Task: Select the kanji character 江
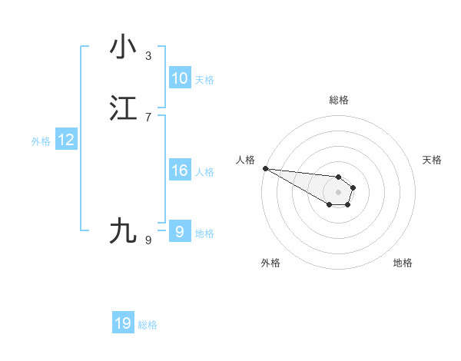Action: pos(124,108)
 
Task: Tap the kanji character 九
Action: pos(124,231)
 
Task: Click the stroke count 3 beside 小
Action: pos(148,56)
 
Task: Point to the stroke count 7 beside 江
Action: pos(148,118)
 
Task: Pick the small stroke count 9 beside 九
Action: pos(148,240)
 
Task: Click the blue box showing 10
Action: pos(180,78)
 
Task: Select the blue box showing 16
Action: pos(180,171)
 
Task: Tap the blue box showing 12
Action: pos(66,140)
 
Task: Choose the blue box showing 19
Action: pos(123,323)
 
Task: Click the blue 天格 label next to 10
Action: pos(204,80)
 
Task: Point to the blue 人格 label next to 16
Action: pos(204,172)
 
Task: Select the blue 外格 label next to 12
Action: pos(41,141)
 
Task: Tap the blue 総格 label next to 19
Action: pos(148,325)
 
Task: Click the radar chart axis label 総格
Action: pos(338,100)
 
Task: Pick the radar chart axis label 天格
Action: pos(432,160)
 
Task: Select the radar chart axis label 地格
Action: pos(403,263)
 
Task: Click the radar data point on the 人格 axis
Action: pos(265,168)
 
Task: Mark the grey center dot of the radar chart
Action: pos(338,192)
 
